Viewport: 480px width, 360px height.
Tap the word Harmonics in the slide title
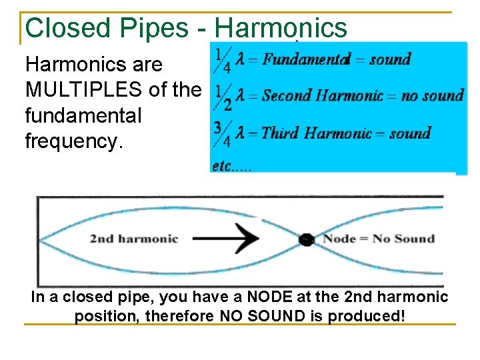pos(281,28)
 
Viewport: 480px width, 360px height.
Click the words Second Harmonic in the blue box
pos(322,96)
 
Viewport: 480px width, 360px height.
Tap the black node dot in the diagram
pos(307,239)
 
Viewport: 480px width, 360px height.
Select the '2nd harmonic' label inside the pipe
pos(134,239)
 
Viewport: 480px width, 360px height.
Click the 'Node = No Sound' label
pos(378,239)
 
